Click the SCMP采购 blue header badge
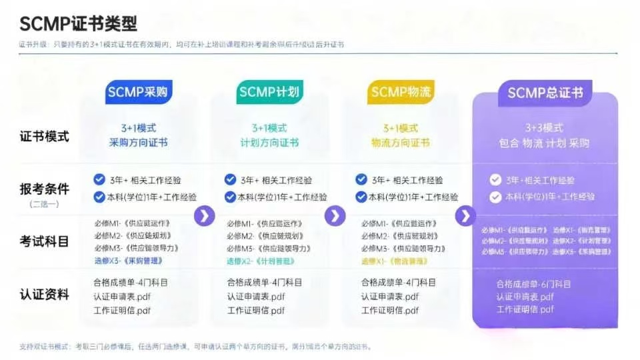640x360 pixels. click(x=137, y=92)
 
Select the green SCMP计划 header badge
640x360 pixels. click(x=269, y=92)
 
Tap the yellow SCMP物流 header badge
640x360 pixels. click(x=400, y=92)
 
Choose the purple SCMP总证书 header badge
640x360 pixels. click(x=545, y=93)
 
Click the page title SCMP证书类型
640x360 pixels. click(x=78, y=24)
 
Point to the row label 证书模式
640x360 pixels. click(x=44, y=136)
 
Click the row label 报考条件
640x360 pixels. click(x=44, y=189)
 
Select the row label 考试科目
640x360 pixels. click(x=44, y=241)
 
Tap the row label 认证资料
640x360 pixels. click(x=44, y=294)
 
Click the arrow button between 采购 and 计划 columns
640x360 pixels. click(x=204, y=215)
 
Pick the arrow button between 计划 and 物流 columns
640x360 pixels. click(x=335, y=215)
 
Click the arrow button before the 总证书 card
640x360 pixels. click(x=465, y=215)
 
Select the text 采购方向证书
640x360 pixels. click(x=138, y=143)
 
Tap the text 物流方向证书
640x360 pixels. click(x=400, y=143)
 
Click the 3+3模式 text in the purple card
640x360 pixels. click(x=544, y=128)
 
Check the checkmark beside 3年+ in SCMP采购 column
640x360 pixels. click(x=99, y=179)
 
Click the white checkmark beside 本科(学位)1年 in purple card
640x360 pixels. click(x=495, y=197)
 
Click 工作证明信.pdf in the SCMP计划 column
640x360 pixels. click(x=256, y=310)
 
